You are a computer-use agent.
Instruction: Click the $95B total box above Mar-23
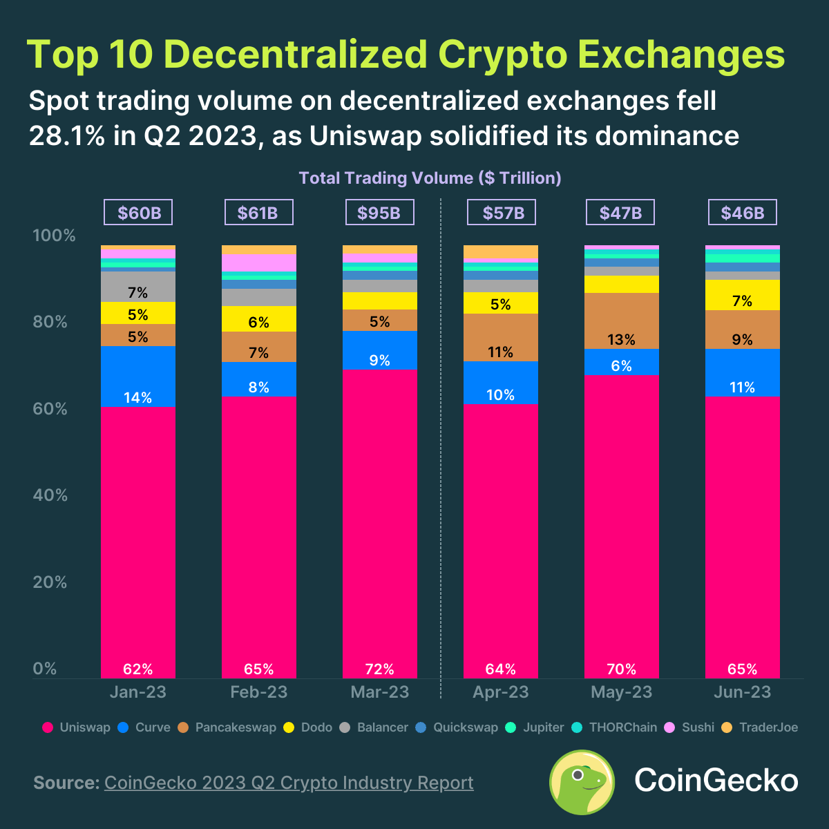379,213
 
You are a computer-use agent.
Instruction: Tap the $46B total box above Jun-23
743,213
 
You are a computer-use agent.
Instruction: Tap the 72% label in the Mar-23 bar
379,669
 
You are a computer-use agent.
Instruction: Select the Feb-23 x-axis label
259,692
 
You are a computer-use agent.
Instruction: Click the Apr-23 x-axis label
501,692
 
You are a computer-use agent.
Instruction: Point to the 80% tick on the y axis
50,323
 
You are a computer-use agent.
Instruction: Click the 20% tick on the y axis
50,582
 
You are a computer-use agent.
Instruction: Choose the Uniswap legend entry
77,727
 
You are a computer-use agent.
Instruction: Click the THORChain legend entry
615,727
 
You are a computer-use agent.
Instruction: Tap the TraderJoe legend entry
760,727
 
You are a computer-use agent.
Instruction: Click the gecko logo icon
582,782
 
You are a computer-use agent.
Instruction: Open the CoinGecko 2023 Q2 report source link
289,783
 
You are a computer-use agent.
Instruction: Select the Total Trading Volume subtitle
430,178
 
